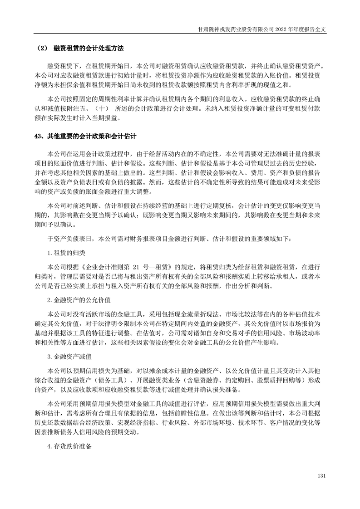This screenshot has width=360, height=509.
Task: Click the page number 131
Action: (322, 475)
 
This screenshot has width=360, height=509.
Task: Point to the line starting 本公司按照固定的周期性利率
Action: (186, 98)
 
